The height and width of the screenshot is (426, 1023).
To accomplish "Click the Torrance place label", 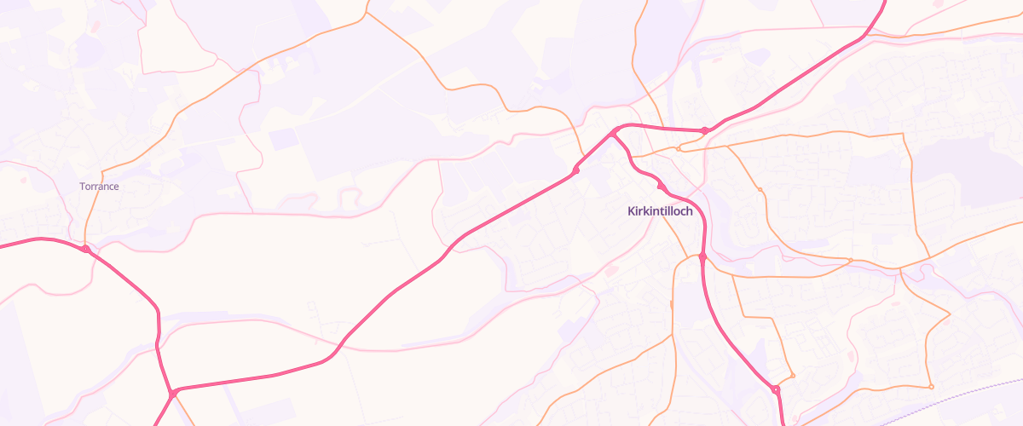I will point(99,186).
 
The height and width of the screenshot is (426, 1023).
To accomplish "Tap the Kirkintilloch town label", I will point(660,210).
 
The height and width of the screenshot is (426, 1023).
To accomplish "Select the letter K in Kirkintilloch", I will point(631,210).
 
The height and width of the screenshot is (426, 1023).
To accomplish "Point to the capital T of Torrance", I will point(82,186).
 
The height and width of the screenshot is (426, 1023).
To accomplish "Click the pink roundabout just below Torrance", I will point(86,249).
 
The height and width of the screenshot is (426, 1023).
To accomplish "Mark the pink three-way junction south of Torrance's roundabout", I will point(172,393).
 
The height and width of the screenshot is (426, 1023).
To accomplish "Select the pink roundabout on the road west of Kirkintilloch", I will point(576,171).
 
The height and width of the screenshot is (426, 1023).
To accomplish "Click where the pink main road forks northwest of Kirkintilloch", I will point(613,134).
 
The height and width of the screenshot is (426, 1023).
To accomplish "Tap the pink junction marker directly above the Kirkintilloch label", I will point(660,185).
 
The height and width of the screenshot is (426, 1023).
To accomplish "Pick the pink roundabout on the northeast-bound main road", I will point(704,130).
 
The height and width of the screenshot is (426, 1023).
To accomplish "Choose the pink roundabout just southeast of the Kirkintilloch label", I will point(702,256).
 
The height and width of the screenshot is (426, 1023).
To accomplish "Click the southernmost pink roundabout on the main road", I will point(775,389).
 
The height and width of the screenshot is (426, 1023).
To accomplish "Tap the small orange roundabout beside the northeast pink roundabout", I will point(679,148).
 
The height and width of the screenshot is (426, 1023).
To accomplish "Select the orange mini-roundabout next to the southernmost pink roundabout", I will point(793,375).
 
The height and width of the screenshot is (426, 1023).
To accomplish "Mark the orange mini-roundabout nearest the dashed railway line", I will point(931,388).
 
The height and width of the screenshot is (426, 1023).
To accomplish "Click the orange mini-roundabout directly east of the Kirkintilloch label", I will point(759,189).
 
